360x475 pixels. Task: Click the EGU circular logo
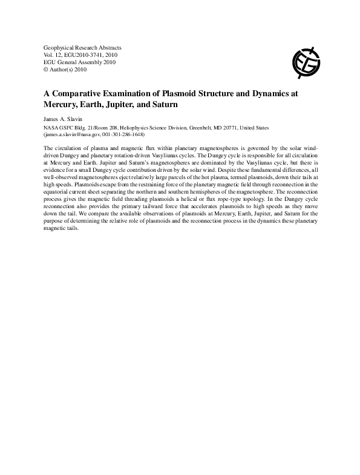pos(306,58)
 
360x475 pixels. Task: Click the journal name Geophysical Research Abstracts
pos(83,47)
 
